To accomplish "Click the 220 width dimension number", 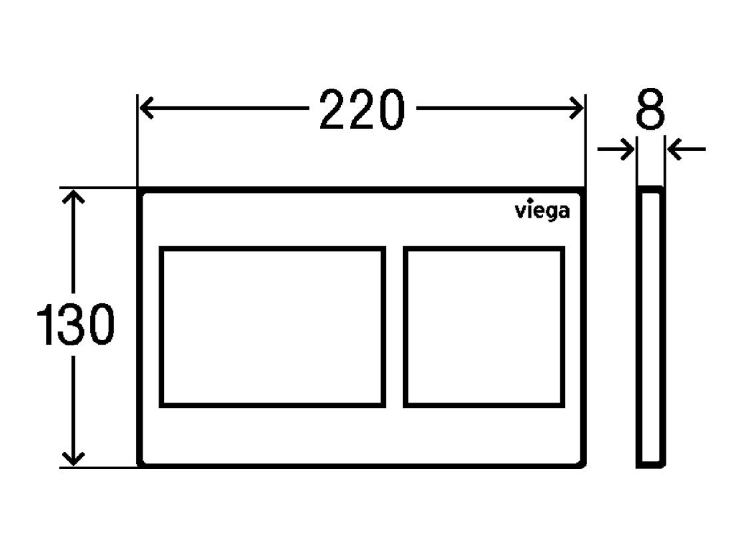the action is pos(362,109).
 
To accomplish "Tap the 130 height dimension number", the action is pos(75,324).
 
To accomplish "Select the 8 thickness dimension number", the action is pos(650,109).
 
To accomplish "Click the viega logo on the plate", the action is pos(542,211).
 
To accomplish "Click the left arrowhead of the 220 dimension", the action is pos(146,108).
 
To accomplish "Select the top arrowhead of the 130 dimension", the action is pos(73,196).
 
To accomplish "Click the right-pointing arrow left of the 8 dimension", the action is pos(616,149).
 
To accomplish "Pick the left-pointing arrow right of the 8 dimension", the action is pos(686,149).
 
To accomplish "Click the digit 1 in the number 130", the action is pos(47,324).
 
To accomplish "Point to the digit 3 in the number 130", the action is pos(71,324).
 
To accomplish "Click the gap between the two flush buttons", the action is pos(394,327).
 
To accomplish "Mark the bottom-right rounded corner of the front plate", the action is pos(582,464).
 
